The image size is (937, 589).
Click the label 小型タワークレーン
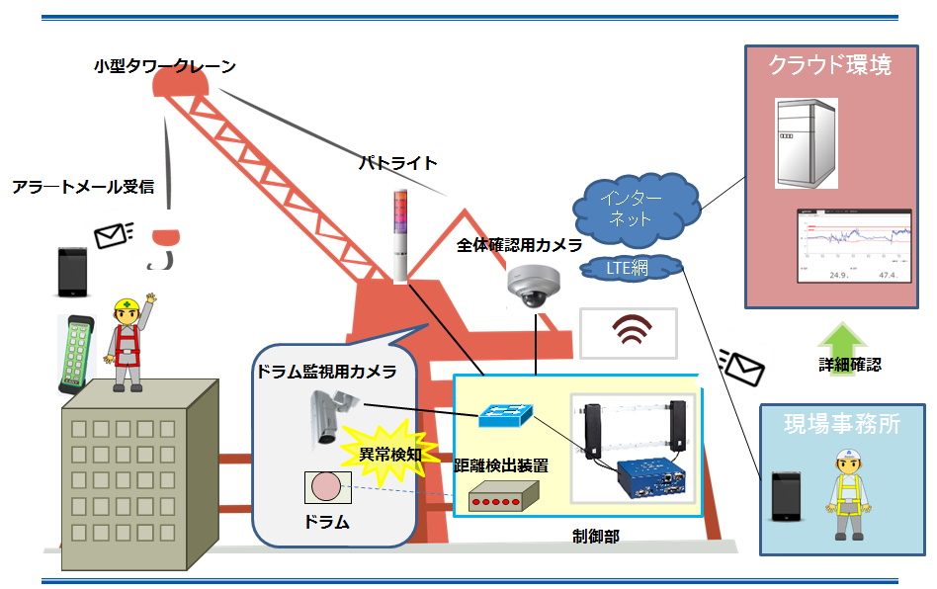[165, 66]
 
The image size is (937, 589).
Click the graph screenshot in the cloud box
[853, 245]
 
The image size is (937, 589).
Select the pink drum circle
[326, 487]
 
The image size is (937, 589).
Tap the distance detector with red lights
[503, 496]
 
